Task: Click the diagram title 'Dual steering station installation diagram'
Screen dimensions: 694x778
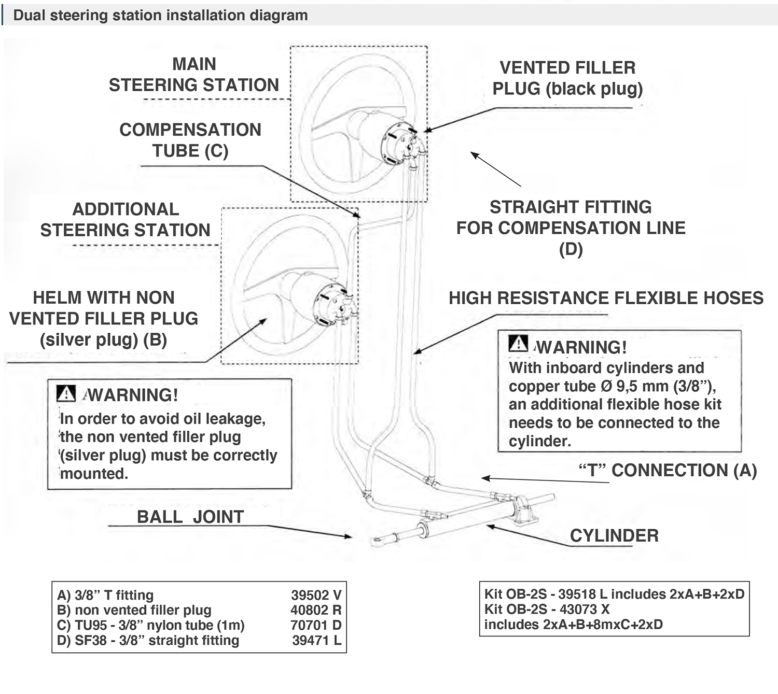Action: point(160,15)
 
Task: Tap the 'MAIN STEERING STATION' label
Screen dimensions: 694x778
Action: point(194,75)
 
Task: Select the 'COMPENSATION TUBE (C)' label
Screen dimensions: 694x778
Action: point(190,140)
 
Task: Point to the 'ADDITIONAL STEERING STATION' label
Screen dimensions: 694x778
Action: point(126,220)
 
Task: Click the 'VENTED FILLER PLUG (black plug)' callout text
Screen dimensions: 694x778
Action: point(567,78)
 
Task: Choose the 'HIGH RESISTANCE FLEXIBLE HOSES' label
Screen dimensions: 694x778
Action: point(606,298)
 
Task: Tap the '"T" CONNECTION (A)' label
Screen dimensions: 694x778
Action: point(668,470)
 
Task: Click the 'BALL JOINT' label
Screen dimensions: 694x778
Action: point(190,517)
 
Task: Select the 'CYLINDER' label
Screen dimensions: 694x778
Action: point(614,535)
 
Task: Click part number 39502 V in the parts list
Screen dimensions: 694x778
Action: point(316,595)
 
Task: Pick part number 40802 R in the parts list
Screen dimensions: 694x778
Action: point(316,610)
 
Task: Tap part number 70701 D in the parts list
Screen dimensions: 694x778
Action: point(316,625)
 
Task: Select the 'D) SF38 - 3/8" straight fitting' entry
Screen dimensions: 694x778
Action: point(148,640)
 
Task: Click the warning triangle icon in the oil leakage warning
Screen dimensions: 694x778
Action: point(66,394)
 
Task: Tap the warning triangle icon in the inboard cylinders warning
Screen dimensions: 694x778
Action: point(518,344)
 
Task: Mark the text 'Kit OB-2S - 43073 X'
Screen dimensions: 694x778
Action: point(547,609)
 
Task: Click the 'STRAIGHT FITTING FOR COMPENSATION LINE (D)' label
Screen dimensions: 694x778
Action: point(571,228)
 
